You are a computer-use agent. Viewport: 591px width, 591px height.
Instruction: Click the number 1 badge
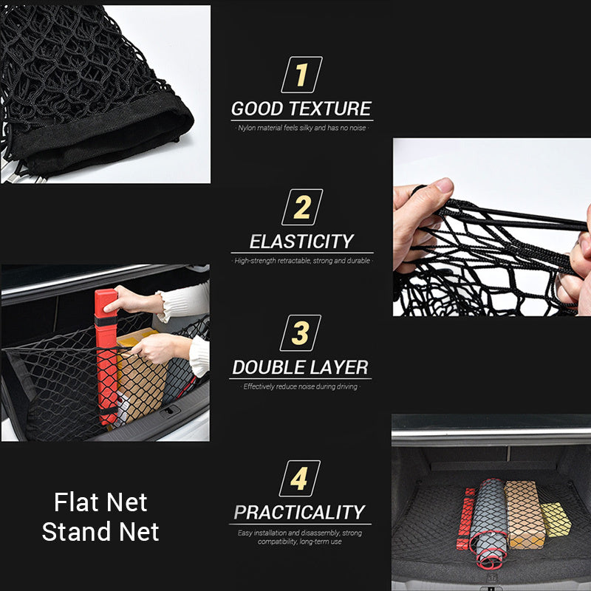pos(301,75)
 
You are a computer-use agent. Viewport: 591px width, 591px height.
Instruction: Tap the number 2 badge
pos(301,208)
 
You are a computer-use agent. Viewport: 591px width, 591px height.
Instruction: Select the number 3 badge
pos(301,333)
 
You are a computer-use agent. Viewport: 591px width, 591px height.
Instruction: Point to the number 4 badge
pos(299,479)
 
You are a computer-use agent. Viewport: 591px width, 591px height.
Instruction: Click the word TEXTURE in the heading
pos(335,109)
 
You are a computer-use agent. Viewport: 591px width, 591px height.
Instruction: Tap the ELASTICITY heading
pos(301,242)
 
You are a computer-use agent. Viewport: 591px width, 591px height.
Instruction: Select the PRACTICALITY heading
pos(299,512)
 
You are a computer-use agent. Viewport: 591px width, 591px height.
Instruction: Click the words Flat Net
pos(100,503)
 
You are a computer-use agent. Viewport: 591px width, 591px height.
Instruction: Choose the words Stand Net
pos(100,532)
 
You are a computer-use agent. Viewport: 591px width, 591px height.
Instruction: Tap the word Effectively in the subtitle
pos(260,386)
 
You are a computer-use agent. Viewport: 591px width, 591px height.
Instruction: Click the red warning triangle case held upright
pos(106,355)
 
